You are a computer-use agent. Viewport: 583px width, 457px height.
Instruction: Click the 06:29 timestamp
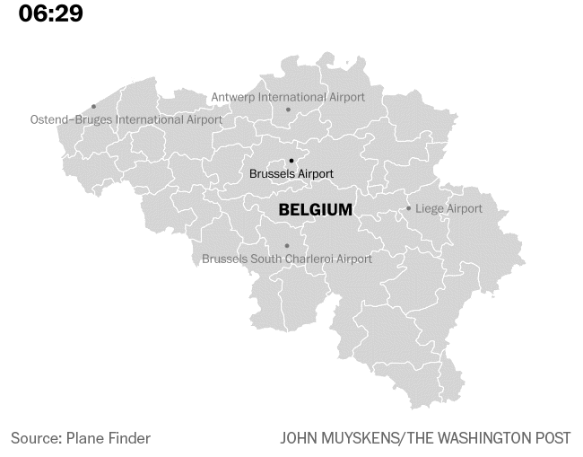coord(50,14)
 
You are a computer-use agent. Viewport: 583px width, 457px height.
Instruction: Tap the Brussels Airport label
coord(291,173)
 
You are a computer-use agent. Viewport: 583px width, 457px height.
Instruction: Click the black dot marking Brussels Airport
coord(291,161)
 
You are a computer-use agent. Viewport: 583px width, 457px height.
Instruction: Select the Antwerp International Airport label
coord(288,97)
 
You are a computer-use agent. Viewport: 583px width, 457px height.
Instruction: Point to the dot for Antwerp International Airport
coord(288,110)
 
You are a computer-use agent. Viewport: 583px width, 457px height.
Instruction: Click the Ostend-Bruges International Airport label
coord(126,119)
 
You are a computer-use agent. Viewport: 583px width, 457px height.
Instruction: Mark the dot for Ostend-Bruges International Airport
coord(93,107)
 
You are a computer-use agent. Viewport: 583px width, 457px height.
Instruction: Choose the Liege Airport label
coord(448,208)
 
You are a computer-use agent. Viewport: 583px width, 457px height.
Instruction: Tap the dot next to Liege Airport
coord(409,208)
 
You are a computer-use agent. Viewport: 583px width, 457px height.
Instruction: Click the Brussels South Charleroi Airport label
coord(287,259)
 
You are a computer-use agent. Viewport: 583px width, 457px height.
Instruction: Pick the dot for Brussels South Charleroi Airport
coord(287,246)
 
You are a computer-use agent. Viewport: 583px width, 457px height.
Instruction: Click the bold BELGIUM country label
coord(316,210)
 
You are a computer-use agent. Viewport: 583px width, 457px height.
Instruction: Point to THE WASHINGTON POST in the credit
coord(489,438)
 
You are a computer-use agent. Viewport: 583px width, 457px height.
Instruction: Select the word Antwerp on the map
coord(233,97)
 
